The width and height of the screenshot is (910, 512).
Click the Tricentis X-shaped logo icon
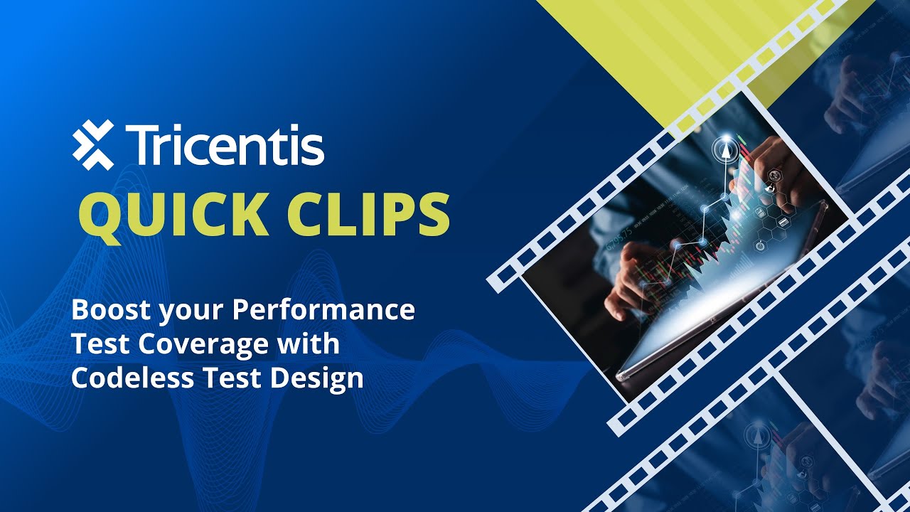click(x=93, y=145)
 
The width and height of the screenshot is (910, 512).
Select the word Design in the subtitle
click(x=326, y=378)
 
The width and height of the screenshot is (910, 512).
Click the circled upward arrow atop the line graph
click(x=724, y=150)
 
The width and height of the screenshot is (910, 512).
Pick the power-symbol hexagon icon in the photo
click(x=760, y=246)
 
